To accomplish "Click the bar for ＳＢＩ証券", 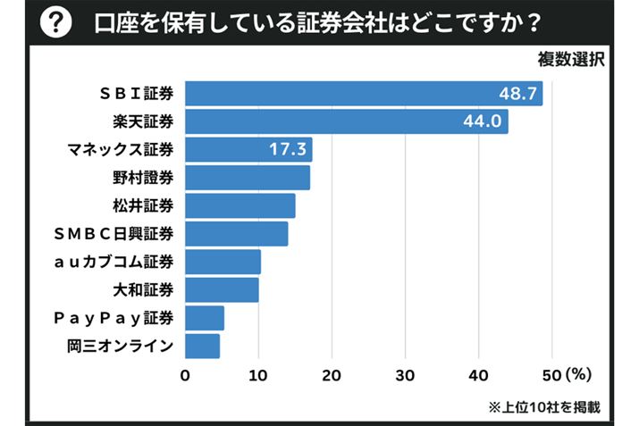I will point(364,94).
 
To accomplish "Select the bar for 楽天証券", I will point(347,121).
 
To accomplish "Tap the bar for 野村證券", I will point(248,178).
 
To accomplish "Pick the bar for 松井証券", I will point(240,205).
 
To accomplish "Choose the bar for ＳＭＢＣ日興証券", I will point(237,233).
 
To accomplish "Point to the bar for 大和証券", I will point(223,289).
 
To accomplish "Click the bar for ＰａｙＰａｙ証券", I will point(205,317).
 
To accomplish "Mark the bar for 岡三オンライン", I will point(203,345).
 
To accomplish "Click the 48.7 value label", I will point(518,94).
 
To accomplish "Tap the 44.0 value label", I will point(483,121).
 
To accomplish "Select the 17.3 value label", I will point(288,149).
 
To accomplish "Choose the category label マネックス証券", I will point(121,149).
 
